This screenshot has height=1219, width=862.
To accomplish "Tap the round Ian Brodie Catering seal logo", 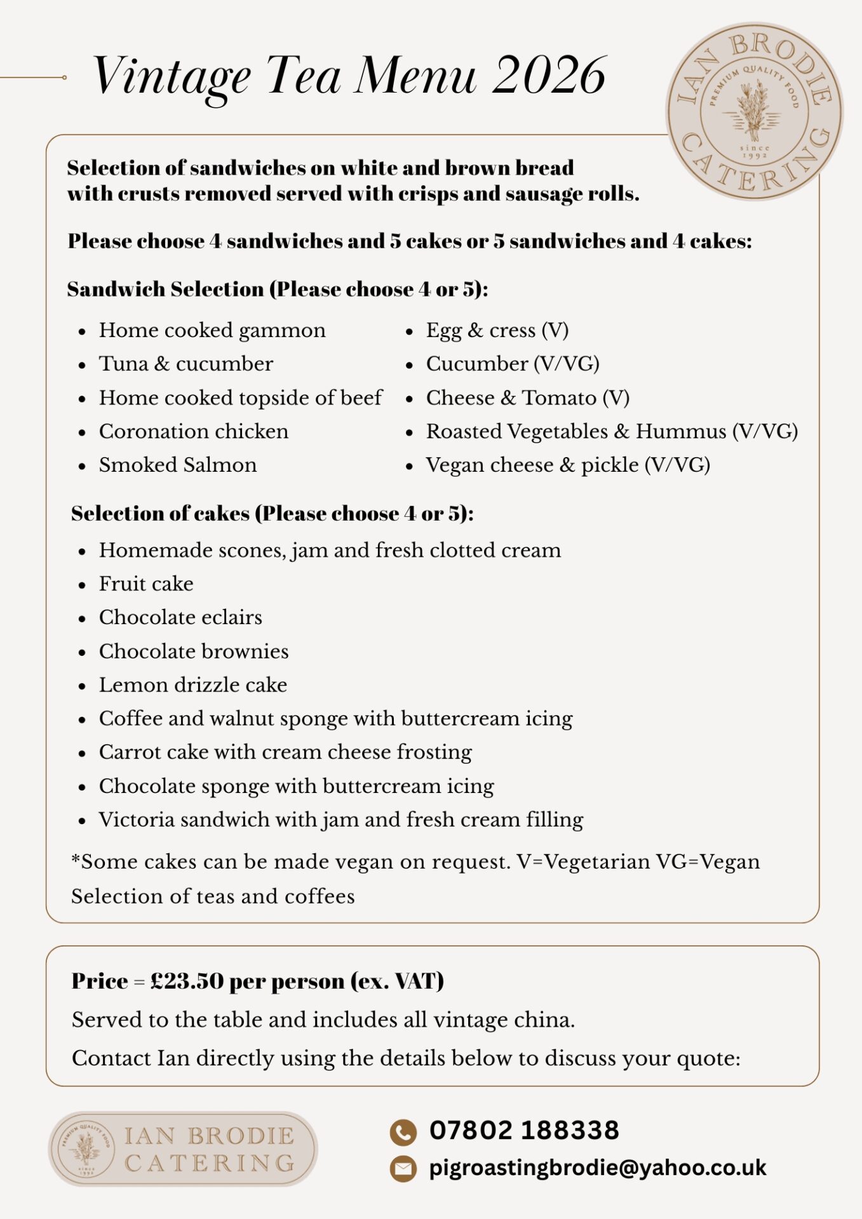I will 754,112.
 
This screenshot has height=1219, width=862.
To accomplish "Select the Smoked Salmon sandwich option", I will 178,465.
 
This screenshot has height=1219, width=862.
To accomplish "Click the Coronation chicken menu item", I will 194,431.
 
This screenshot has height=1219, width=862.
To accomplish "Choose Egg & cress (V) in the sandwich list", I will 497,330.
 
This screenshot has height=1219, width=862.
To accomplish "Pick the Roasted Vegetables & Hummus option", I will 611,431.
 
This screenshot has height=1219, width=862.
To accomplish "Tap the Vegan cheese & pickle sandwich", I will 567,465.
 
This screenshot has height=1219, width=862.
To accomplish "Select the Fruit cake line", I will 146,583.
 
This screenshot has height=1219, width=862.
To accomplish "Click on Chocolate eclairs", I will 180,617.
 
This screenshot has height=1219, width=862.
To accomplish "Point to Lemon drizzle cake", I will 193,684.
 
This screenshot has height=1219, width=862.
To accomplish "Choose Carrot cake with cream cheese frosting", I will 285,752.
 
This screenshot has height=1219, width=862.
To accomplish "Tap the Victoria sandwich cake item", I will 341,819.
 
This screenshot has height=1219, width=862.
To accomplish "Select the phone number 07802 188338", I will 524,1130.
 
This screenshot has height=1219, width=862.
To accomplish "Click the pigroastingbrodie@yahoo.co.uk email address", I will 598,1168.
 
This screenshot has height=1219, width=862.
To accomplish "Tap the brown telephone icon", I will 403,1131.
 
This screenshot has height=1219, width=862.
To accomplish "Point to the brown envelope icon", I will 403,1169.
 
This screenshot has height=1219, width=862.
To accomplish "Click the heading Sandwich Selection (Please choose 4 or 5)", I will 278,290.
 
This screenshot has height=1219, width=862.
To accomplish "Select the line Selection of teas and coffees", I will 213,896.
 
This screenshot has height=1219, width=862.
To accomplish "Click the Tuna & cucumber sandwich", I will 186,364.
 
